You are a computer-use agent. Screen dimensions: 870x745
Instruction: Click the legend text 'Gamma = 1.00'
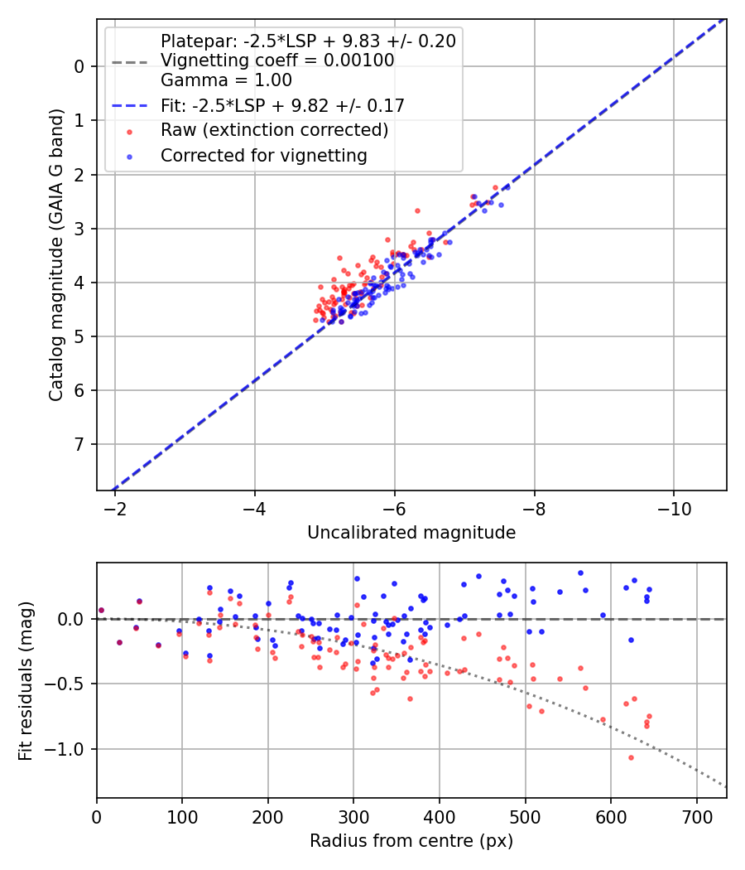(x=226, y=80)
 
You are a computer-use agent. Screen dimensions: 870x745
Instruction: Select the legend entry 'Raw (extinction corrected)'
(x=274, y=130)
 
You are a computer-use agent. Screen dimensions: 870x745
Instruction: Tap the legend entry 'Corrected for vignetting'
(x=263, y=155)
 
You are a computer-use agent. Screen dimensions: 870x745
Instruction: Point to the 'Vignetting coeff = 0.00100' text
(x=277, y=60)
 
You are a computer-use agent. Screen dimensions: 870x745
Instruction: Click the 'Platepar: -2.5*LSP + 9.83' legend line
(x=308, y=41)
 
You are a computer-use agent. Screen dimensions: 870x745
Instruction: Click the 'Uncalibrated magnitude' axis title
(x=411, y=533)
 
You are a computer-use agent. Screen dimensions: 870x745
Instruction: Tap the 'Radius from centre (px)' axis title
(x=411, y=841)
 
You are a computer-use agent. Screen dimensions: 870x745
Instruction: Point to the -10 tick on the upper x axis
(x=673, y=508)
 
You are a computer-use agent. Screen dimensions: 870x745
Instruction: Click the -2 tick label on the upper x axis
(x=115, y=508)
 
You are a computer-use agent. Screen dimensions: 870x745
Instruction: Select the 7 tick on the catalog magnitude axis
(x=79, y=444)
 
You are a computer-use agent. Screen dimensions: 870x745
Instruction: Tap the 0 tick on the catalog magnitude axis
(x=79, y=66)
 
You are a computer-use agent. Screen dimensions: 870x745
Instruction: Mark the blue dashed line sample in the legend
(x=129, y=105)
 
